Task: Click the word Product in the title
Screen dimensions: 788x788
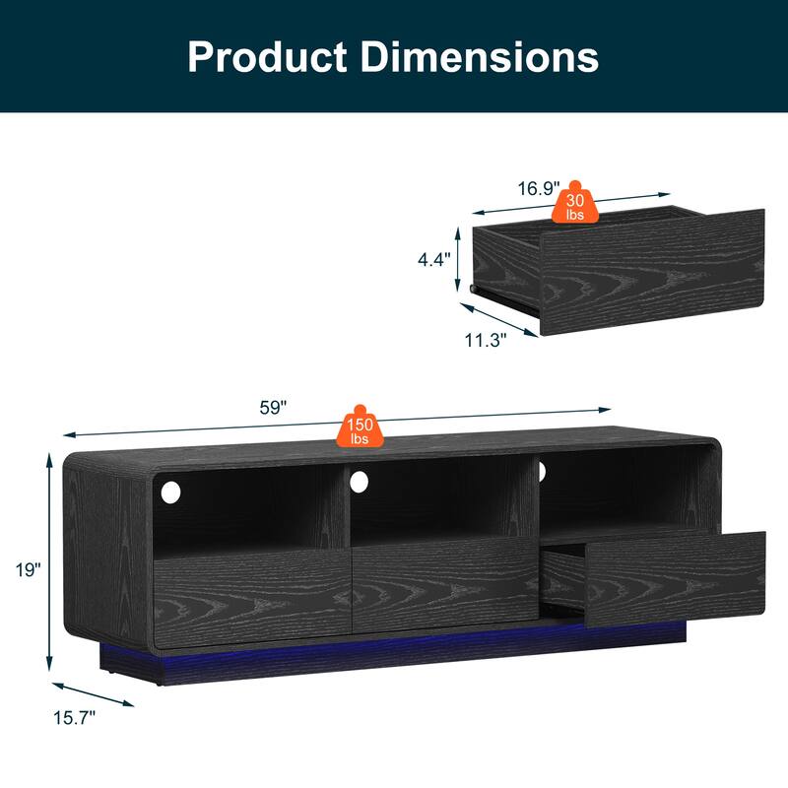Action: pos(266,56)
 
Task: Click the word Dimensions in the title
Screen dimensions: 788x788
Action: pos(480,56)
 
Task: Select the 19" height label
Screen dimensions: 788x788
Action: pos(28,569)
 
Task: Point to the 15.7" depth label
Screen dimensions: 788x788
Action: pos(73,718)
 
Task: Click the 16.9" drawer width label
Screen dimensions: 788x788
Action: pos(539,186)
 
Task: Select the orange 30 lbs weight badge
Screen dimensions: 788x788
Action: pos(574,206)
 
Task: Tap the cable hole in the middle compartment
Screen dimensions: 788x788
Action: pos(360,482)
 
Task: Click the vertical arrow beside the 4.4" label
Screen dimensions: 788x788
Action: pos(458,260)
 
